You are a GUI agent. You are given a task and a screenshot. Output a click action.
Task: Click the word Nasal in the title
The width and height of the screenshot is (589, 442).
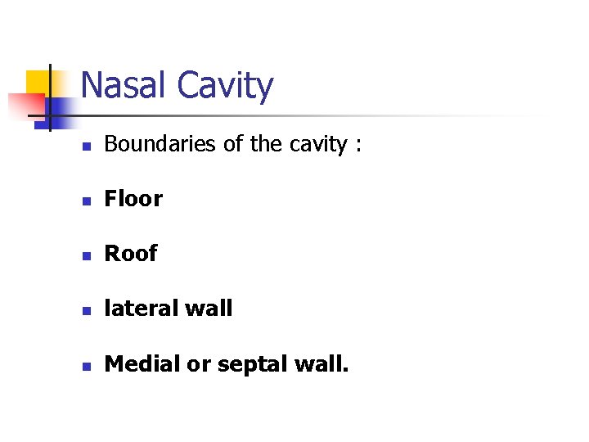(x=124, y=85)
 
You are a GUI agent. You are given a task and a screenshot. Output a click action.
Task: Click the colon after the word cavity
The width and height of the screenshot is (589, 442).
(x=357, y=146)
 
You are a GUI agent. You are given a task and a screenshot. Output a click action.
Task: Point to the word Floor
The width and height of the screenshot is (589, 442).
(x=133, y=199)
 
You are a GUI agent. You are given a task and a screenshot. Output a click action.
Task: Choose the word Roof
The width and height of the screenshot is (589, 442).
(x=131, y=254)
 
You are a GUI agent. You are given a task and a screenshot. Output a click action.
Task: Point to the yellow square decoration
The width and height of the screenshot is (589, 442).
(x=37, y=83)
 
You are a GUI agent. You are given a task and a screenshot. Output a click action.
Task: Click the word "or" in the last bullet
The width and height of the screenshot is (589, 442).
(x=197, y=364)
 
